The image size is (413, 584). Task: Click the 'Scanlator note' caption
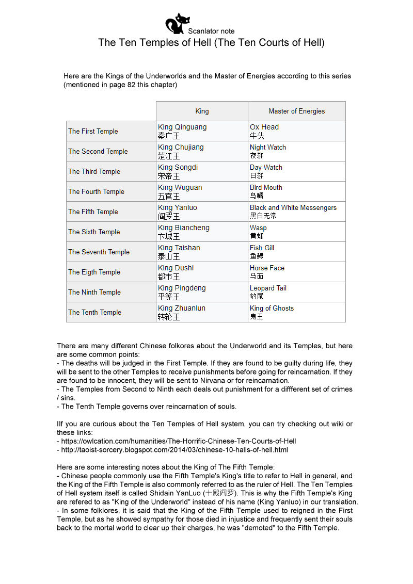click(211, 31)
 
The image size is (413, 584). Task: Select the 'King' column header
click(202, 111)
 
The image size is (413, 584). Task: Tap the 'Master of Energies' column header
click(296, 111)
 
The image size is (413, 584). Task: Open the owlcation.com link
click(179, 441)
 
